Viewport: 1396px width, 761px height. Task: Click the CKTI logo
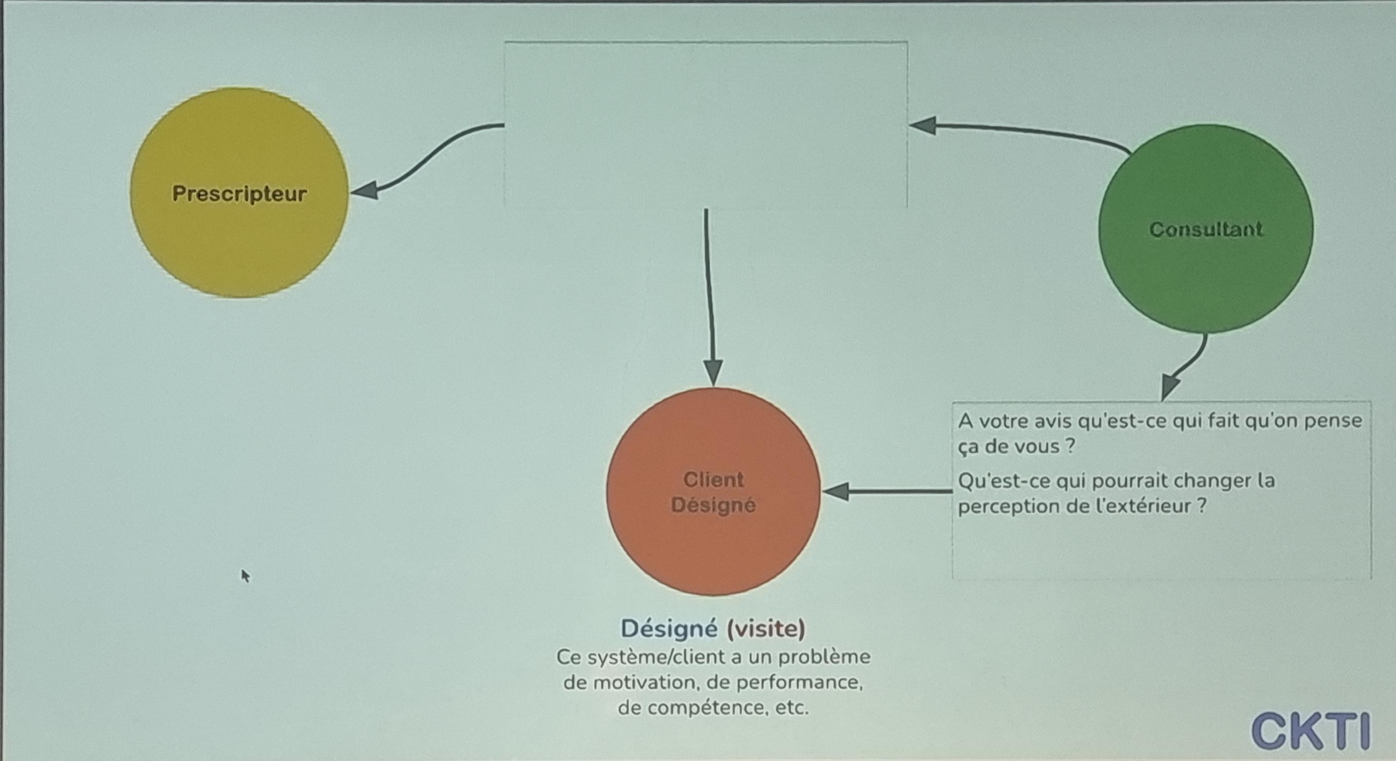pyautogui.click(x=1311, y=731)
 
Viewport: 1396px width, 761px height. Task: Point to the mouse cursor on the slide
pyautogui.click(x=246, y=575)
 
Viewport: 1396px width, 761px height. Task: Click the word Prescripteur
pyautogui.click(x=239, y=194)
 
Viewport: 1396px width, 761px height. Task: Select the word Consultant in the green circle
pyautogui.click(x=1206, y=229)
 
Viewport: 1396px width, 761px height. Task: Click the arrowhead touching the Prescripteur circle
pyautogui.click(x=365, y=190)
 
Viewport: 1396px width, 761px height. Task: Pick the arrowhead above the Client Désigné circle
pyautogui.click(x=713, y=373)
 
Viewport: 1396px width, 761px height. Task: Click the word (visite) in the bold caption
pyautogui.click(x=765, y=629)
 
